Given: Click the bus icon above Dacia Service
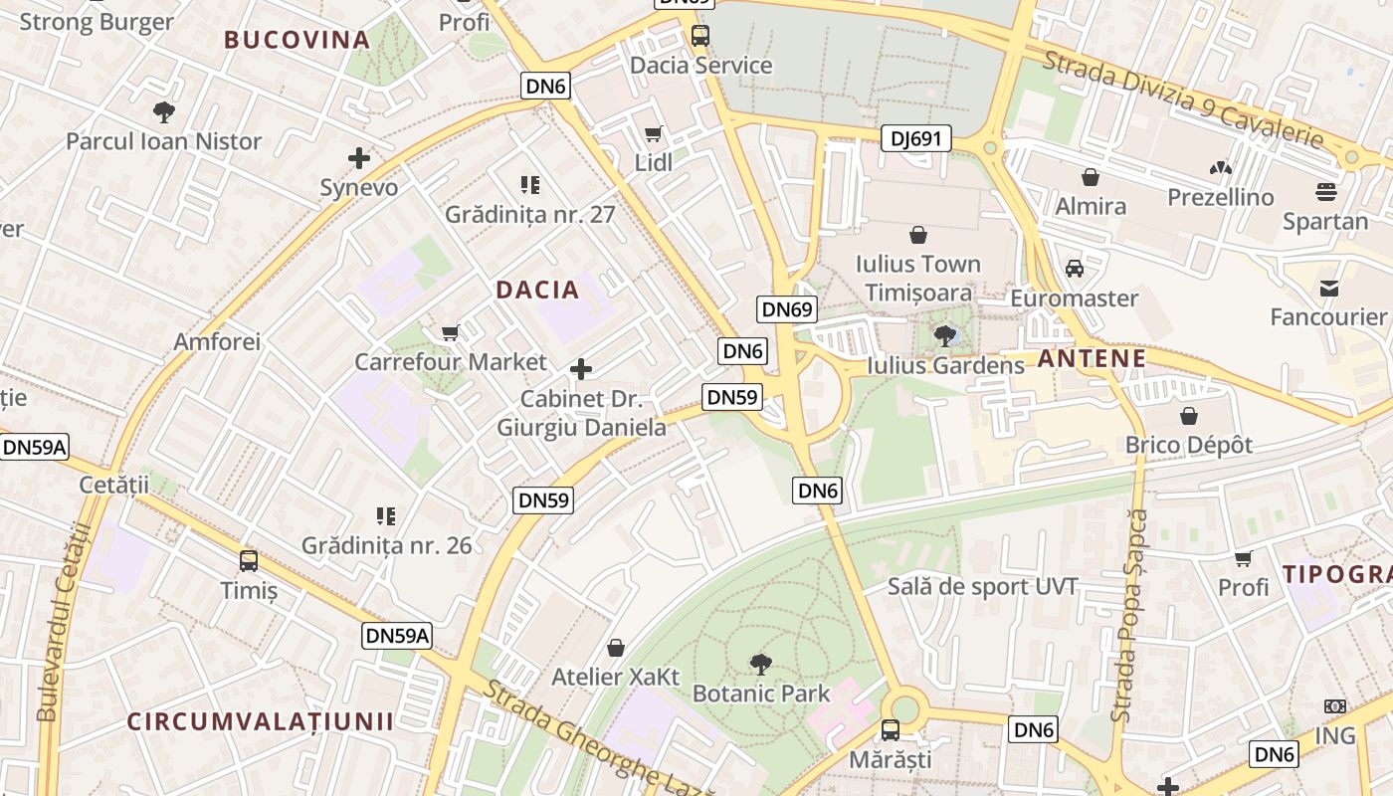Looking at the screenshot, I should [x=700, y=36].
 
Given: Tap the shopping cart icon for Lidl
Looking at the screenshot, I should [x=653, y=133].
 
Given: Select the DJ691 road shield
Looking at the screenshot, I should [x=916, y=139].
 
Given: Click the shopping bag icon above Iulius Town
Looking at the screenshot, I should [x=918, y=235].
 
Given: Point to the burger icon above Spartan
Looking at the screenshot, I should [x=1325, y=191].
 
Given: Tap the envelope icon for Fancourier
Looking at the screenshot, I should [x=1328, y=289].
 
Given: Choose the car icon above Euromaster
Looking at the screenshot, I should [x=1075, y=268].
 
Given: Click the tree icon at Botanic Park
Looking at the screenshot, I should [x=761, y=663].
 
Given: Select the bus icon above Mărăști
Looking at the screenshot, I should [x=891, y=730].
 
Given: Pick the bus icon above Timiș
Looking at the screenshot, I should [x=249, y=560].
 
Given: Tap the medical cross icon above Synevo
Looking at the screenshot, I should [x=359, y=157].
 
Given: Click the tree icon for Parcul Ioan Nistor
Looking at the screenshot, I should [x=164, y=111].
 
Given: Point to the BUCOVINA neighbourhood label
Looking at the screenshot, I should [x=297, y=40].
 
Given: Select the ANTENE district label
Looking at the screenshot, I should [x=1092, y=358].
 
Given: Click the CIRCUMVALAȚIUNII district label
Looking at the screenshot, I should [x=261, y=721].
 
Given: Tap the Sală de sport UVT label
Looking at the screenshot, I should [x=983, y=586].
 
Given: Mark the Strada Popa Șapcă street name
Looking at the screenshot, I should [x=1130, y=617].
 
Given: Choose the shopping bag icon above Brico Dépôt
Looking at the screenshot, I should [x=1189, y=415].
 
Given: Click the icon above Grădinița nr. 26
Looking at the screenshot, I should [x=387, y=515].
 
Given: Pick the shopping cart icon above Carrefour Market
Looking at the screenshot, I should [x=451, y=332].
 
